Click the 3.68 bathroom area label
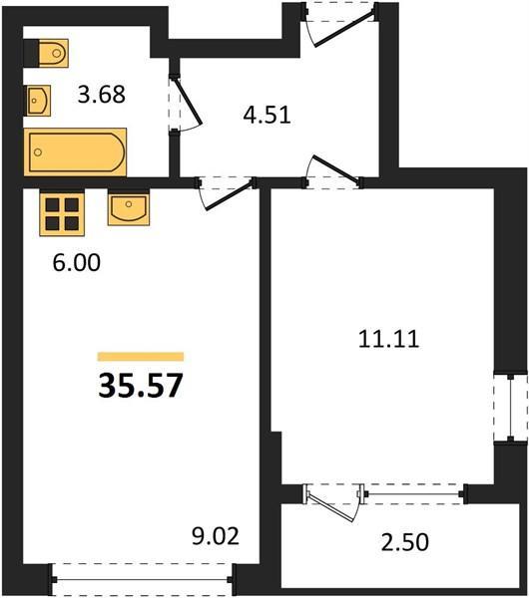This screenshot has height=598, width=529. (x=101, y=95)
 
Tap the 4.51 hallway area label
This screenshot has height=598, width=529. (x=266, y=115)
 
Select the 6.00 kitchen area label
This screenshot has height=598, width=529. (x=77, y=263)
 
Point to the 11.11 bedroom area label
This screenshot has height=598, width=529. (x=389, y=339)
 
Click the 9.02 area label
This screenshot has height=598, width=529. (x=216, y=536)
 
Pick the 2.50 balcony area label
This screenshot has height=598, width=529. (x=405, y=542)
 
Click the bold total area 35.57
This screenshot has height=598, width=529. (x=141, y=385)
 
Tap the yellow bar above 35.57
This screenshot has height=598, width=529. (x=141, y=357)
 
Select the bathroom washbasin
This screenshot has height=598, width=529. (x=38, y=101)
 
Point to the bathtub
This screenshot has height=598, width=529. (x=75, y=152)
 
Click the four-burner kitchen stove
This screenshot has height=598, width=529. (x=62, y=213)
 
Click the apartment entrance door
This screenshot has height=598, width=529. (x=340, y=24)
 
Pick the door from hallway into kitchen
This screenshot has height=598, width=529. (x=227, y=192)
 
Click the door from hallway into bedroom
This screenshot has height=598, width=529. (x=333, y=172)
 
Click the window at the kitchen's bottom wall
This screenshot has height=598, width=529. (x=143, y=580)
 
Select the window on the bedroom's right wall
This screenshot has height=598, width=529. (x=511, y=408)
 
